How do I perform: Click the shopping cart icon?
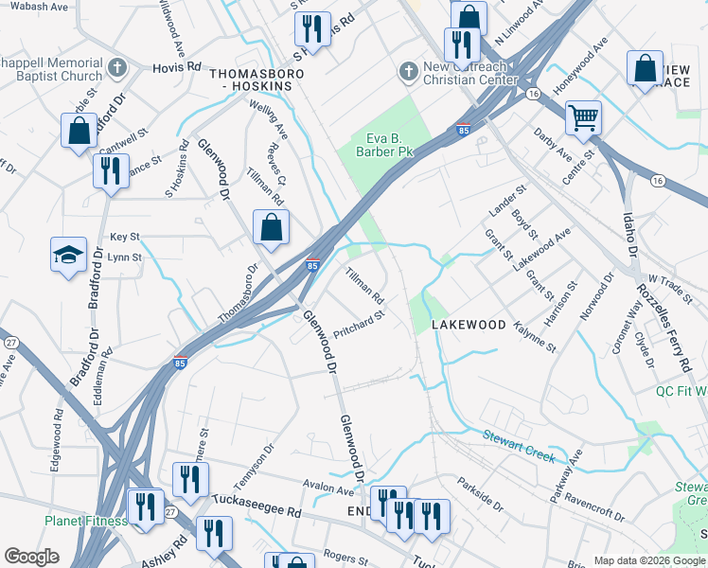(583, 118)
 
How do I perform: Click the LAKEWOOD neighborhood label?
(469, 325)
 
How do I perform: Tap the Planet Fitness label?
(85, 521)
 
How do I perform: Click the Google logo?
(31, 557)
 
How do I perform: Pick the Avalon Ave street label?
(328, 490)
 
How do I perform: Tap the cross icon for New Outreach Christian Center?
(408, 71)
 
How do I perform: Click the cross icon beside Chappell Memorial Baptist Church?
(116, 67)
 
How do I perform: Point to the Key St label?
(124, 237)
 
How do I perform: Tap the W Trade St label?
(659, 282)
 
